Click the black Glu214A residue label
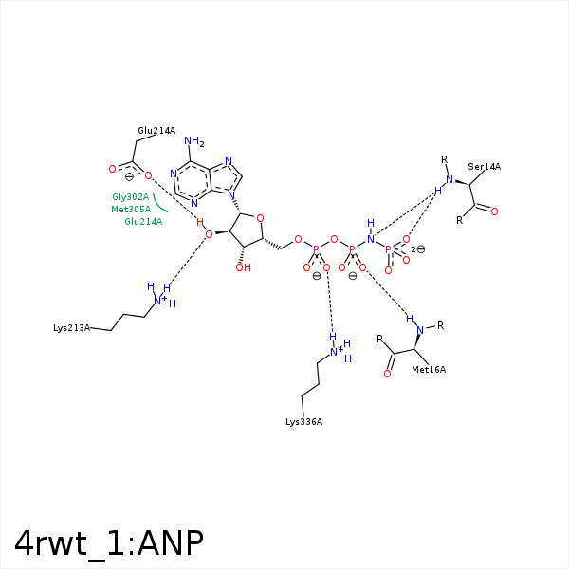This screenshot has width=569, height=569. (156, 131)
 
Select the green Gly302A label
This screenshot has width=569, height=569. (131, 197)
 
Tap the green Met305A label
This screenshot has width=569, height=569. (131, 210)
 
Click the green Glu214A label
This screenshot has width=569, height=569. (143, 221)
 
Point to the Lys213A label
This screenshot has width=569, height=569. (71, 328)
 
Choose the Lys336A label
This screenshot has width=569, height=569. (303, 422)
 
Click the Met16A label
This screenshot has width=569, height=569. (429, 370)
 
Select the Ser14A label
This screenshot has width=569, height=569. (484, 167)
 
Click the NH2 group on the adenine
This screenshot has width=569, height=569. (194, 141)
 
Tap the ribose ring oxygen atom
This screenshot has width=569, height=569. (260, 218)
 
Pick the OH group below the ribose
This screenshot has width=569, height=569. (243, 267)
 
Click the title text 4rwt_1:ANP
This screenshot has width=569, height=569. (109, 543)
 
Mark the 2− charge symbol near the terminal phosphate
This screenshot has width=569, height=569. (417, 249)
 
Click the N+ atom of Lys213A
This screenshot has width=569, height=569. (159, 300)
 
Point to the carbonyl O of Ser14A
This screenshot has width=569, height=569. (494, 211)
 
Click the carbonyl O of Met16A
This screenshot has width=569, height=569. (387, 374)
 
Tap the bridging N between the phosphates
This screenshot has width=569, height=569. (371, 239)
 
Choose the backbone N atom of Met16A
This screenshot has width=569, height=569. (420, 330)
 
